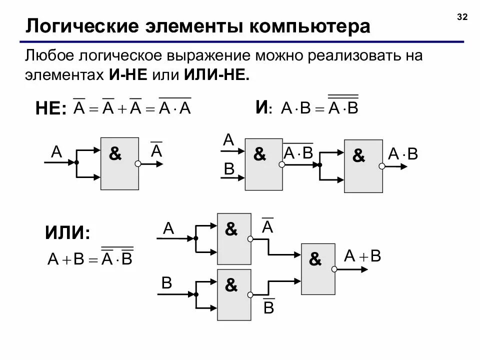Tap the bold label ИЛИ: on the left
click(67, 233)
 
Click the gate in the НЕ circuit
click(119, 163)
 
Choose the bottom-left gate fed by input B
click(233, 294)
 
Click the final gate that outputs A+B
click(318, 269)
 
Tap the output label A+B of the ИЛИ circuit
click(362, 256)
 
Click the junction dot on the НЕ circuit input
click(76, 162)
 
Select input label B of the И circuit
click(229, 169)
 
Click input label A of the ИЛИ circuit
click(168, 228)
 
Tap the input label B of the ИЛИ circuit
click(167, 283)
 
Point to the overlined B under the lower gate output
click(268, 306)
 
